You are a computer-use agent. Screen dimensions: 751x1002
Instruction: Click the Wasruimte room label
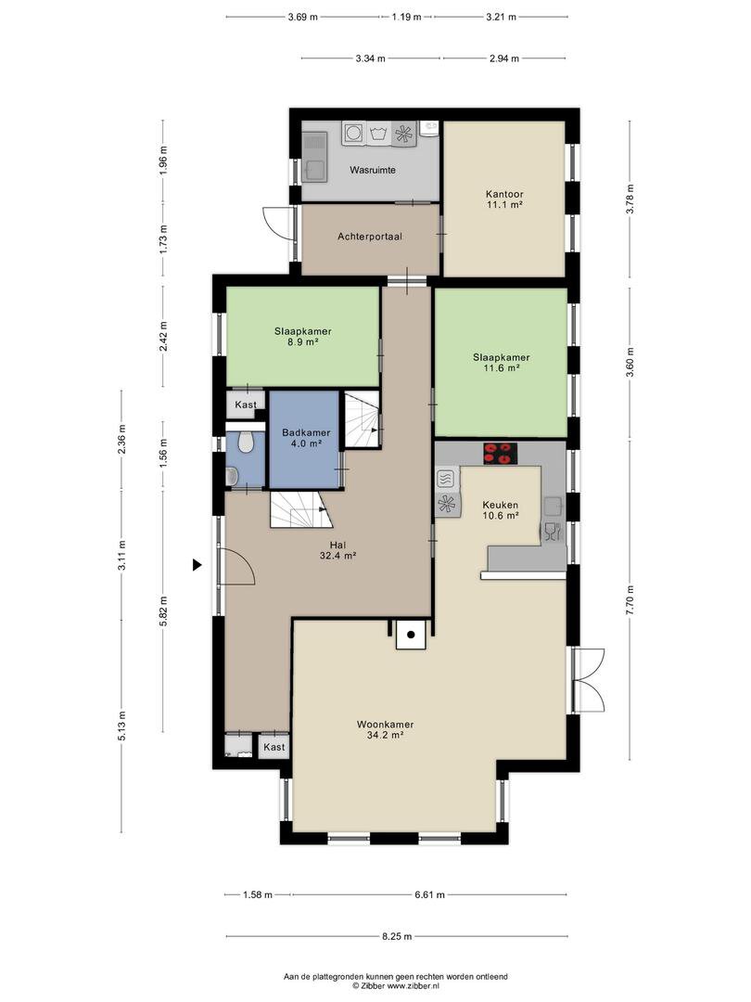[373, 170]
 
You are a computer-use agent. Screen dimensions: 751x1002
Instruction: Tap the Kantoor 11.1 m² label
[503, 199]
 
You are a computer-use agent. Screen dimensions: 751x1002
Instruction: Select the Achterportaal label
[370, 237]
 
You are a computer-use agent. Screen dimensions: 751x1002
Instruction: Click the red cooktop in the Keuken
[500, 453]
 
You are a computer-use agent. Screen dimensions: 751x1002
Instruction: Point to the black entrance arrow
[197, 565]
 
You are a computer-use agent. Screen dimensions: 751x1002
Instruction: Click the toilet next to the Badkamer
[245, 442]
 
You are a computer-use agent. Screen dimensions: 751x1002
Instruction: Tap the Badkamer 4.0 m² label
[306, 438]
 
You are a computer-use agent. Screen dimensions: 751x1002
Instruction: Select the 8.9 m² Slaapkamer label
[302, 336]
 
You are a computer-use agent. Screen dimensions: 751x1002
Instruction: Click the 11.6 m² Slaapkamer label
[502, 363]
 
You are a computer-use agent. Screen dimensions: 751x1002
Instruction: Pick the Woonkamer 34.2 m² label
[385, 730]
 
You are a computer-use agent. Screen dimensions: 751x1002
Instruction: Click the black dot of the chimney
[411, 635]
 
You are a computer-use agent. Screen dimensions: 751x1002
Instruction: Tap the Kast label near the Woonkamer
[274, 747]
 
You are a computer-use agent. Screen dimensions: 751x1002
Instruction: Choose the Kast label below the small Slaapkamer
[245, 405]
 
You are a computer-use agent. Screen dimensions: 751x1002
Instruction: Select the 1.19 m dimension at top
[406, 18]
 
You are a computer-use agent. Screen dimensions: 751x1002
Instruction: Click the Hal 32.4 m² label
[337, 550]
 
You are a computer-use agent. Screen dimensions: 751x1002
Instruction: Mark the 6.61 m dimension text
[430, 894]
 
